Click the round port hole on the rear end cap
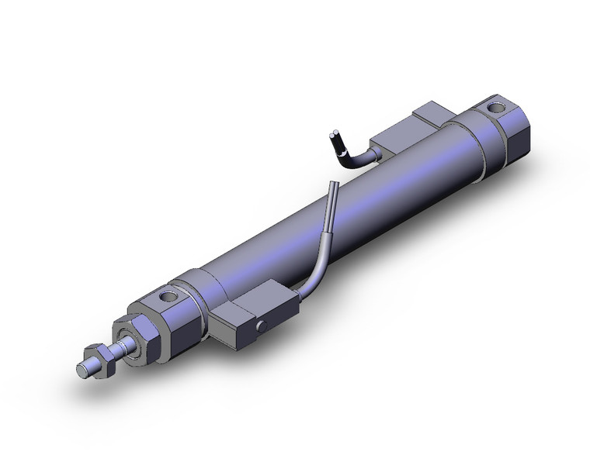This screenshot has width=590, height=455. (x=494, y=105)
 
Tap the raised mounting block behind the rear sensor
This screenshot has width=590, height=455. (x=435, y=116)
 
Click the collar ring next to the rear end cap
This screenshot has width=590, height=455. (x=477, y=143)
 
